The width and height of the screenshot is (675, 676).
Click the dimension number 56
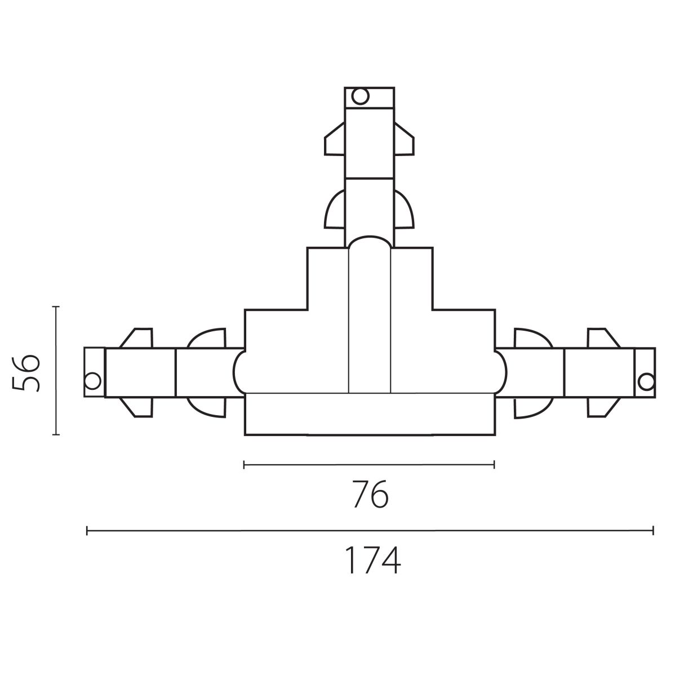click(25, 373)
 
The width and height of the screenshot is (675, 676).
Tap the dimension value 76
click(370, 494)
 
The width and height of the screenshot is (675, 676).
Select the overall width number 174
click(373, 560)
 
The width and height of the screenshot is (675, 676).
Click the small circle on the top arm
click(361, 96)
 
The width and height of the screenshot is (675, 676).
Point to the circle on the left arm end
click(92, 381)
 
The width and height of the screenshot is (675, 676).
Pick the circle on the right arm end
click(646, 382)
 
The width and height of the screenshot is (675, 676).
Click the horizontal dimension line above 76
click(369, 465)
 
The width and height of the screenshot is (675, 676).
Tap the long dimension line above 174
click(370, 531)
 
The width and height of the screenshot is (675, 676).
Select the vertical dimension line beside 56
click(55, 371)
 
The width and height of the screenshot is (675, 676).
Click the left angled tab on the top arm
click(335, 139)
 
